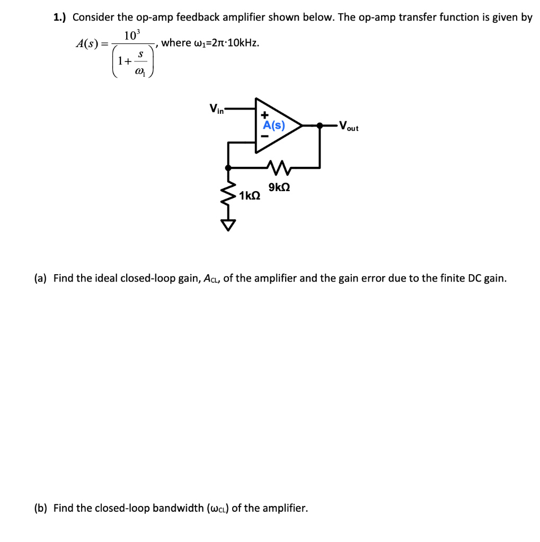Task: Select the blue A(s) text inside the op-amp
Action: pos(274,125)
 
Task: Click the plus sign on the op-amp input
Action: pos(264,114)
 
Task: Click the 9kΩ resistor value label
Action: pos(279,187)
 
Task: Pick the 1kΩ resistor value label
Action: pos(250,196)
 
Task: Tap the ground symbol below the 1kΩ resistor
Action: pos(228,225)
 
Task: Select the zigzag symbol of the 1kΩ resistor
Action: pos(228,195)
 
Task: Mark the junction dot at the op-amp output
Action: pos(320,126)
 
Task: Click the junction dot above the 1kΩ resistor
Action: pos(228,167)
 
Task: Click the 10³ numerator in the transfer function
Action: pos(131,36)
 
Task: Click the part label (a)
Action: pos(40,278)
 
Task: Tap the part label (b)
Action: pos(41,508)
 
